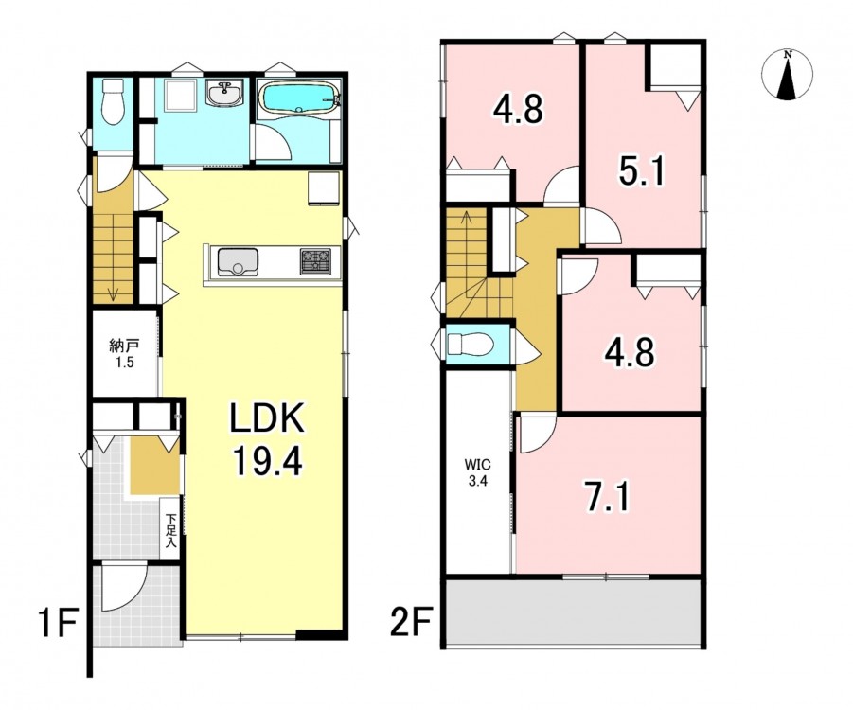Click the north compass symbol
787,75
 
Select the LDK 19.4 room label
267,442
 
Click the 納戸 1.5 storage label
125,354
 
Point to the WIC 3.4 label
477,472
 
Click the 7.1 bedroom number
608,497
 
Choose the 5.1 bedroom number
642,171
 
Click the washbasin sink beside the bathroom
224,94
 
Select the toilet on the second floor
470,344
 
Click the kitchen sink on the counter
238,261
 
